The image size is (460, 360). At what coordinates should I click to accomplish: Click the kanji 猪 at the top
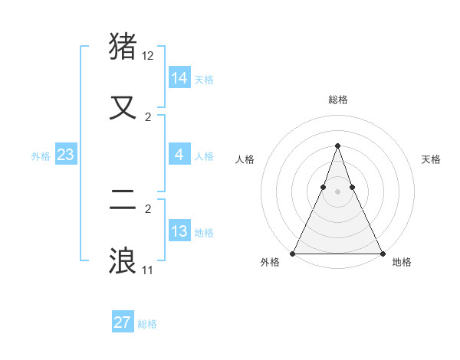click(x=123, y=47)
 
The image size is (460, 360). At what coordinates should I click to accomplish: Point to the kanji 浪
click(x=123, y=260)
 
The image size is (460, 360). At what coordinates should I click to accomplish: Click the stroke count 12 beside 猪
click(x=148, y=56)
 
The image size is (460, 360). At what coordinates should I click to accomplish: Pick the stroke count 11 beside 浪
click(x=148, y=270)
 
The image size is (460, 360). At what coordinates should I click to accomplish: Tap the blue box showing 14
click(x=179, y=78)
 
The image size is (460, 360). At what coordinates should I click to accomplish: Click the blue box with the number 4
click(x=179, y=155)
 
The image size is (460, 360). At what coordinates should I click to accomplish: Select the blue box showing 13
click(x=179, y=231)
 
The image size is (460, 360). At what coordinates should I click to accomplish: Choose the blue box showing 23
click(x=66, y=155)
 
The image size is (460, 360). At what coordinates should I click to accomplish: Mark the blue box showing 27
click(x=122, y=322)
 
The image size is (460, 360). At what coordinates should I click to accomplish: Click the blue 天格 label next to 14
click(x=204, y=80)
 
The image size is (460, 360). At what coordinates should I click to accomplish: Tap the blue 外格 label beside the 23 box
click(x=41, y=156)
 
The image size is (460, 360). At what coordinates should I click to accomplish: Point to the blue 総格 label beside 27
click(x=147, y=324)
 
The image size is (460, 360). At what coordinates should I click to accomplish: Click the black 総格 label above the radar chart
click(x=337, y=100)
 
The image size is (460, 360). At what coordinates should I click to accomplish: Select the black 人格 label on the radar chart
click(x=245, y=159)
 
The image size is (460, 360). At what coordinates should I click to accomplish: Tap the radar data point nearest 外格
click(x=293, y=254)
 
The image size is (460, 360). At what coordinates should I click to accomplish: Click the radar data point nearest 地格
click(x=382, y=254)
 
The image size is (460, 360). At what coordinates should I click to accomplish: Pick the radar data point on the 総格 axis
click(x=337, y=146)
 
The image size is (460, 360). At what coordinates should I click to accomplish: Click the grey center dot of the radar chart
click(x=337, y=191)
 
